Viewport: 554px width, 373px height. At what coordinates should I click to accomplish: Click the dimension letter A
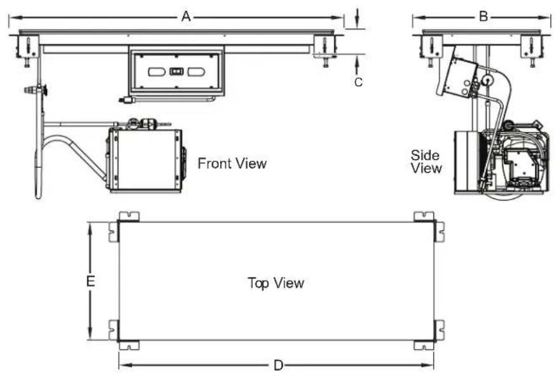[186, 17]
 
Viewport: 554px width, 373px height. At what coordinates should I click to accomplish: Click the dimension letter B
[483, 17]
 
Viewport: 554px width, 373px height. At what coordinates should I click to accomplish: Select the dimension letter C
[358, 82]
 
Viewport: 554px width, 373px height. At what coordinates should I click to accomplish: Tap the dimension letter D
[279, 365]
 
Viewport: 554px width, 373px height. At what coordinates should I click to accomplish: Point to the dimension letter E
[90, 281]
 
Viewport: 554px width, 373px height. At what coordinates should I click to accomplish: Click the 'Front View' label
[232, 163]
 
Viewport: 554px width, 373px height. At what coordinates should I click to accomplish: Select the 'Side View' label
[426, 161]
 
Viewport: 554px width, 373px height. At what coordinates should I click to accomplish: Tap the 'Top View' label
[275, 283]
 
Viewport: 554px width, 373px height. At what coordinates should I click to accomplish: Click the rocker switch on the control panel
[176, 72]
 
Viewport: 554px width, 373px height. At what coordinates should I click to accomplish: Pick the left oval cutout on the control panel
[156, 72]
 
